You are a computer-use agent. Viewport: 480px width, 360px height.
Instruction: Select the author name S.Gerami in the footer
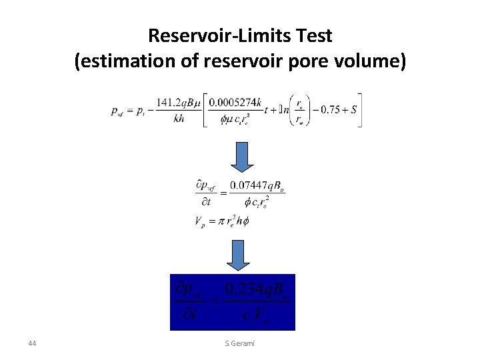pyautogui.click(x=240, y=343)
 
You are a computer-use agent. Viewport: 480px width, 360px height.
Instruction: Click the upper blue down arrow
pyautogui.click(x=243, y=157)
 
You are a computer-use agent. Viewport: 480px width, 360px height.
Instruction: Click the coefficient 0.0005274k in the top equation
pyautogui.click(x=233, y=103)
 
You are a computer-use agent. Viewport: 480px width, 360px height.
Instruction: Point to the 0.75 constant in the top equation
pyautogui.click(x=330, y=110)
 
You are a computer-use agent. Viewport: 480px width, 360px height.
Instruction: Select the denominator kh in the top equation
pyautogui.click(x=178, y=119)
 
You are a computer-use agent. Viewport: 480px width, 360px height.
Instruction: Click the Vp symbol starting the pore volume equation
pyautogui.click(x=200, y=222)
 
